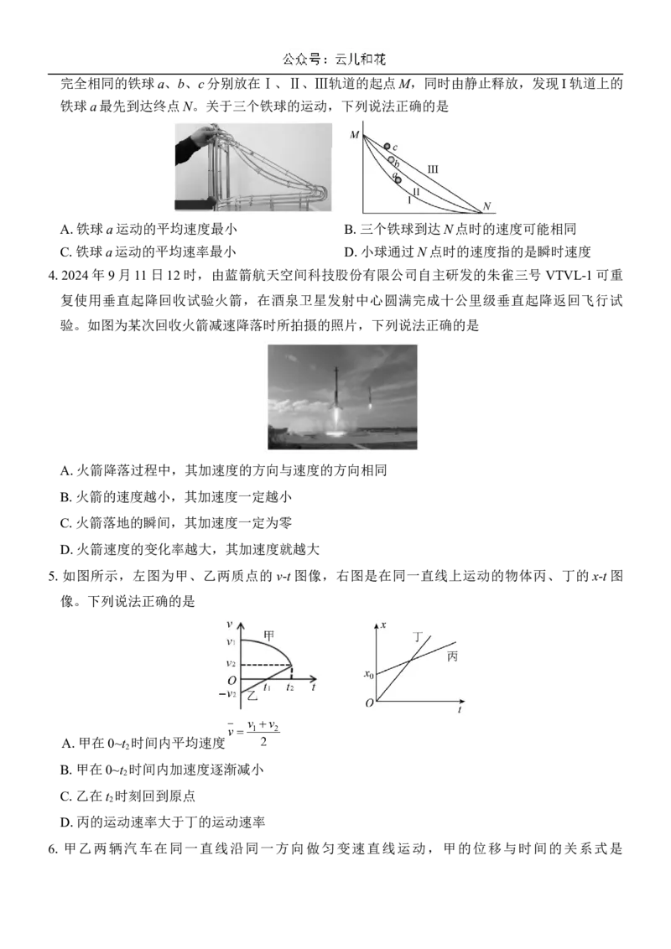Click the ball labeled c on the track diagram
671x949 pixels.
click(x=387, y=147)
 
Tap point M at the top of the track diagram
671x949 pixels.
click(x=355, y=134)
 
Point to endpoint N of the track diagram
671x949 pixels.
click(x=486, y=207)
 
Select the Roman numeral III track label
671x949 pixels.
click(x=433, y=169)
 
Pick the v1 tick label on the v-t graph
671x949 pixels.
click(x=231, y=641)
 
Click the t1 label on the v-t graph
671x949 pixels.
click(x=267, y=687)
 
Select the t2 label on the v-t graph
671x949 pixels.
click(x=290, y=687)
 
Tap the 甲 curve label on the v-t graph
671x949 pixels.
click(x=269, y=635)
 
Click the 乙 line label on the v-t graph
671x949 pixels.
click(x=252, y=696)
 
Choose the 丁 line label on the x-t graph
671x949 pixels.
click(x=418, y=636)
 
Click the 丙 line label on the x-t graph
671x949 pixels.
click(x=452, y=656)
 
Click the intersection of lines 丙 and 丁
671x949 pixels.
click(x=411, y=658)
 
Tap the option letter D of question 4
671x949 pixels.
click(x=66, y=550)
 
